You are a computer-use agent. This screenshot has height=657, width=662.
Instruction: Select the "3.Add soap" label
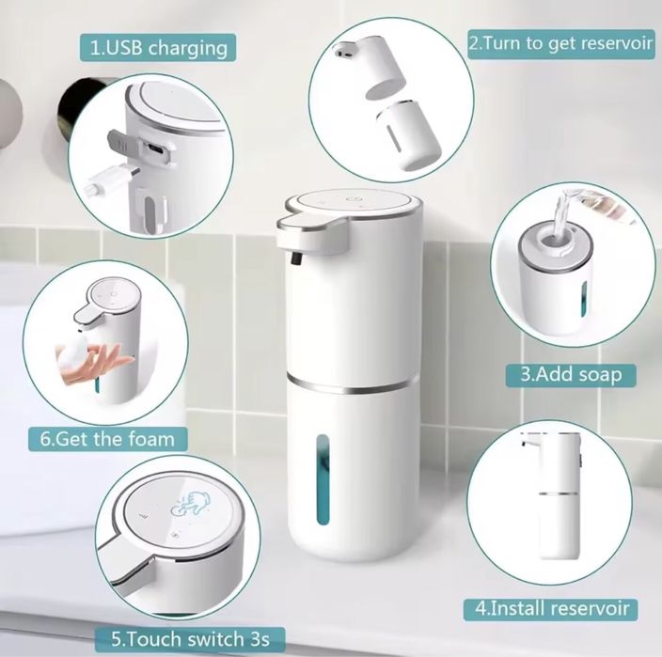point(571,373)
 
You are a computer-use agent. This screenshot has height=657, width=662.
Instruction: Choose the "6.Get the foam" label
point(106,438)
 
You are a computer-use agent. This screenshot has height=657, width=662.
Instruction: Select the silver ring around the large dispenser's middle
point(353,383)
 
